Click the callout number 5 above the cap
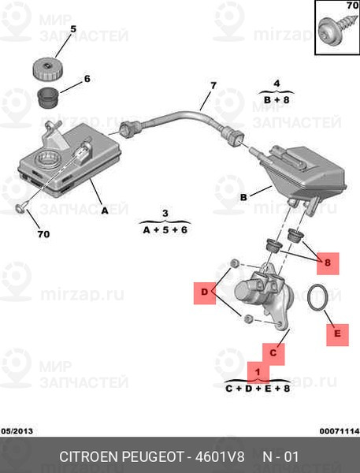click(x=73, y=29)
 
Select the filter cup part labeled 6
click(x=50, y=99)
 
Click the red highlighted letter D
click(x=204, y=294)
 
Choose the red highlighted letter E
click(x=337, y=334)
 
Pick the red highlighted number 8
click(x=328, y=263)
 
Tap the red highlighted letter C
click(x=273, y=352)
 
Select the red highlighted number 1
click(x=255, y=370)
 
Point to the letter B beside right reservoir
click(x=243, y=196)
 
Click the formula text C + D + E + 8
click(x=258, y=388)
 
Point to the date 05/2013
click(x=17, y=431)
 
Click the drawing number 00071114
click(x=339, y=431)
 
